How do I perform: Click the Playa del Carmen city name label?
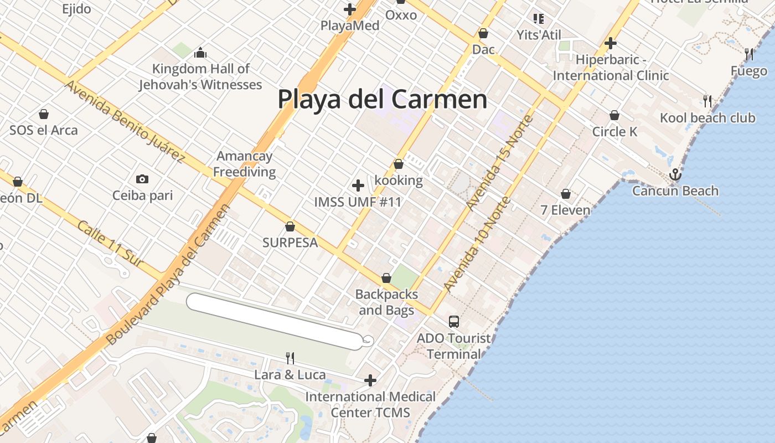[382, 100]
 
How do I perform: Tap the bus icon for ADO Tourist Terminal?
[453, 321]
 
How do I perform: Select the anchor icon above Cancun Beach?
[675, 175]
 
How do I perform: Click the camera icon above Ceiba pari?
[142, 179]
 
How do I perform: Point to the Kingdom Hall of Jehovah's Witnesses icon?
[200, 53]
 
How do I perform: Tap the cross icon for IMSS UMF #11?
[358, 185]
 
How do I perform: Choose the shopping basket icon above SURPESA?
[290, 226]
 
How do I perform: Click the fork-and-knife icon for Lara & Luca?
[290, 358]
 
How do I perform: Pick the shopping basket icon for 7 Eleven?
[566, 194]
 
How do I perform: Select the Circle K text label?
[614, 132]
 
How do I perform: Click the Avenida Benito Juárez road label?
[124, 122]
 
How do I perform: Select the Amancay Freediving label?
[244, 164]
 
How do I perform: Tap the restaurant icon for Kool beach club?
[707, 101]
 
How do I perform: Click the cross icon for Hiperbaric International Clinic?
[610, 43]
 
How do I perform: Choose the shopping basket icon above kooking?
[398, 164]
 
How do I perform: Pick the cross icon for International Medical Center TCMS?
[370, 380]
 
